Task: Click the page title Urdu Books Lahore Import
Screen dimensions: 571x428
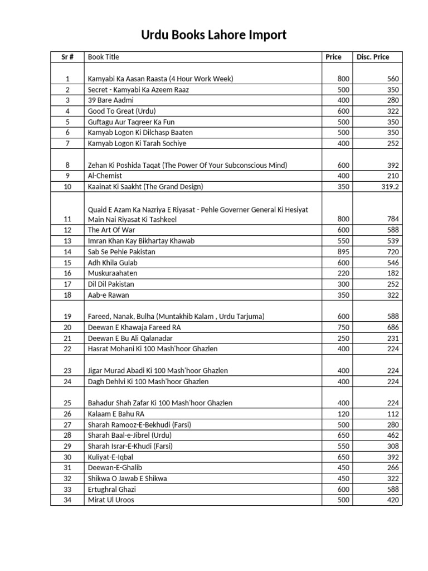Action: point(213,36)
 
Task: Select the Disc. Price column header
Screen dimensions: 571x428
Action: point(373,57)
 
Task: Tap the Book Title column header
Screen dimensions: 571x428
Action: point(104,57)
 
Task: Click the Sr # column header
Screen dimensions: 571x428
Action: point(68,57)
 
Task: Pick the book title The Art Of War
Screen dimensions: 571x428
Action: point(109,230)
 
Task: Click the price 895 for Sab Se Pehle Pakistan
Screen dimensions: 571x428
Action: point(343,252)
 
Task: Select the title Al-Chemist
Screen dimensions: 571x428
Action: point(105,176)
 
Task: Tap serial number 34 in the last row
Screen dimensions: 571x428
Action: point(68,500)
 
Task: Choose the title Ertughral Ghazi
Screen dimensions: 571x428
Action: point(111,490)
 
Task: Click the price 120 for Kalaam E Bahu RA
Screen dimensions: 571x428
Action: point(343,414)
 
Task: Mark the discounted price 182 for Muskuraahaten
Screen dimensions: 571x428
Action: point(393,273)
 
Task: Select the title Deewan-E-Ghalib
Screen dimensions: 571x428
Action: point(111,468)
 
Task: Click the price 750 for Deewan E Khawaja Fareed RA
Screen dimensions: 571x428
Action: point(343,327)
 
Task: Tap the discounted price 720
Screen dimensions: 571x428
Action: point(393,252)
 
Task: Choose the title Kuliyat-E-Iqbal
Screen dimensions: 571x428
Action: point(110,457)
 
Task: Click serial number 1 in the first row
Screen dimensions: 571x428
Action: point(68,79)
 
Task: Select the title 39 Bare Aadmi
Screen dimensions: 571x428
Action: point(110,100)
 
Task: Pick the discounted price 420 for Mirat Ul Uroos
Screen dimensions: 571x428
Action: point(393,500)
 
